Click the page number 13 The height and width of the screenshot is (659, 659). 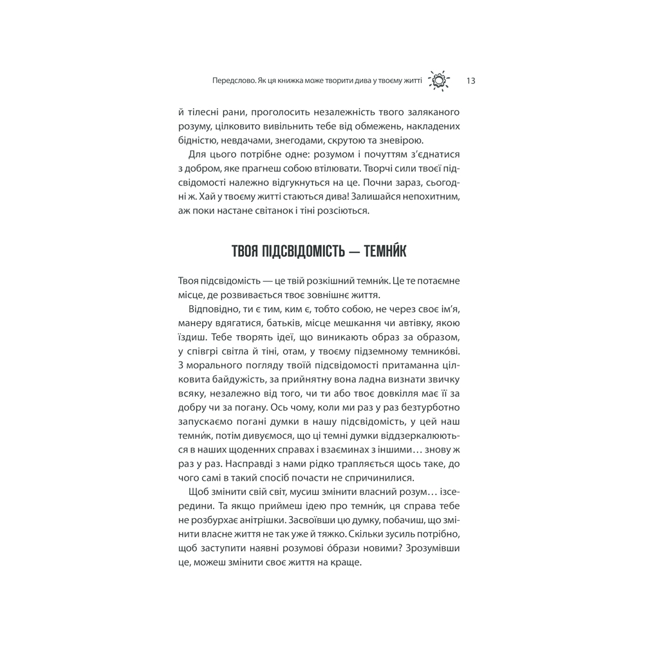(470, 81)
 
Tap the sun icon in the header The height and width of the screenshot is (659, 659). (439, 80)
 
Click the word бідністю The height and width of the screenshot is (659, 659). (197, 140)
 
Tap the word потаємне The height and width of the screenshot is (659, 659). (437, 281)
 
